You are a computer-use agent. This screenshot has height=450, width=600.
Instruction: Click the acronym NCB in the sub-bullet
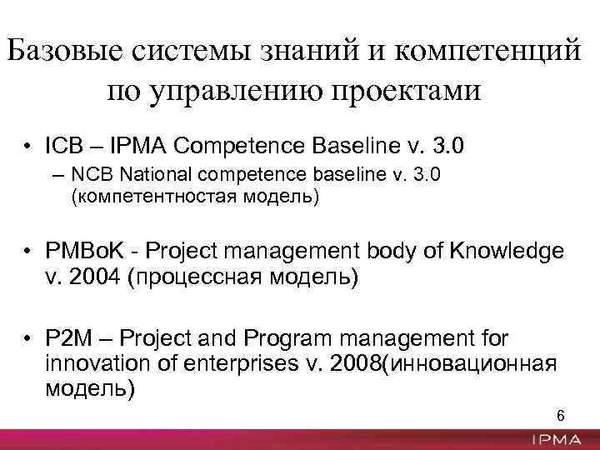coord(89,177)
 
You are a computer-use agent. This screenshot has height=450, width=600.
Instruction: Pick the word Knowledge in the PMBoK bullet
coord(507,252)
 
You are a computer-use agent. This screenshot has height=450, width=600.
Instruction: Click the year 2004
coord(101,277)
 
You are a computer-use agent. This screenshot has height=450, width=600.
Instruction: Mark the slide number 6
coord(559,416)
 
